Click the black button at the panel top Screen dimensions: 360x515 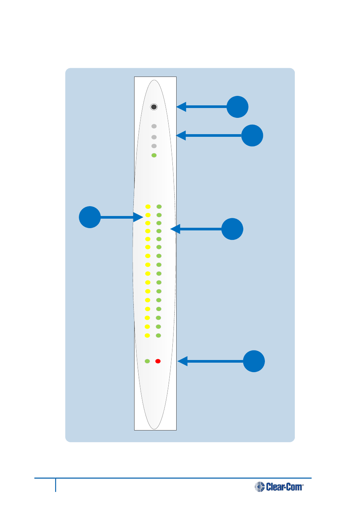pyautogui.click(x=154, y=107)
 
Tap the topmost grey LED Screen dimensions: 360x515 pyautogui.click(x=154, y=126)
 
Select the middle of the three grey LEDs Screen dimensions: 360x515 pyautogui.click(x=154, y=137)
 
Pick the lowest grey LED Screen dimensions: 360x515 pyautogui.click(x=154, y=146)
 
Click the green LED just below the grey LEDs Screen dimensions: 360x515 pyautogui.click(x=154, y=155)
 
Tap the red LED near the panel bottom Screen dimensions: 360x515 pyautogui.click(x=158, y=361)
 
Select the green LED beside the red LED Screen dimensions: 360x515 pyautogui.click(x=147, y=361)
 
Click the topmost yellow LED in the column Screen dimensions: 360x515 pyautogui.click(x=148, y=207)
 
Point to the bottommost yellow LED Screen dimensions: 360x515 pyautogui.click(x=147, y=335)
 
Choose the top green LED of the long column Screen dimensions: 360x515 pyautogui.click(x=159, y=207)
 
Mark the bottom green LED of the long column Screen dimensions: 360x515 pyautogui.click(x=159, y=335)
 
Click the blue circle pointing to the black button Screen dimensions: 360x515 pyautogui.click(x=238, y=107)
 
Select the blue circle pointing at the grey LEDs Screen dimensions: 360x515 pyautogui.click(x=252, y=135)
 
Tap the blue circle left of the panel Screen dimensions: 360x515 pyautogui.click(x=90, y=217)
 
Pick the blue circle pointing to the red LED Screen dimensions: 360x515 pyautogui.click(x=254, y=361)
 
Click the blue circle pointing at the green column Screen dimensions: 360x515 pyautogui.click(x=232, y=229)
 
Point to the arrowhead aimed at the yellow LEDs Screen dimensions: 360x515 pyautogui.click(x=138, y=217)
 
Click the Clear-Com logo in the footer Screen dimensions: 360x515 pyautogui.click(x=279, y=487)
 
